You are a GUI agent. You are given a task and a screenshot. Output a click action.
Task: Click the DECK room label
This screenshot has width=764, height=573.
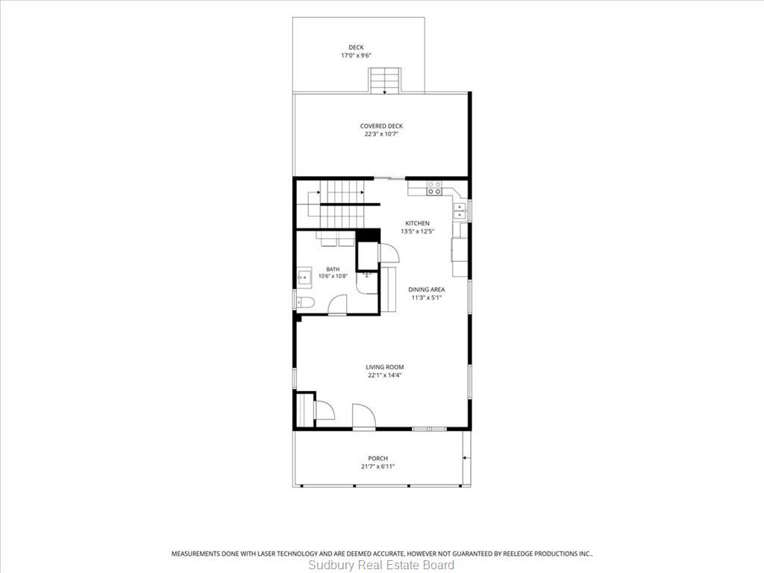pyautogui.click(x=356, y=47)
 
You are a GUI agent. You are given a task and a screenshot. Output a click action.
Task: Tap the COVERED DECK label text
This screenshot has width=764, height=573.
pyautogui.click(x=381, y=126)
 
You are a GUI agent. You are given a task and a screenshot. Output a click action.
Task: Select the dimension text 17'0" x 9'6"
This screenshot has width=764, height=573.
pyautogui.click(x=356, y=55)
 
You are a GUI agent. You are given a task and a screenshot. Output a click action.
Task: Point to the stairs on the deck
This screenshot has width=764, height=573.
pyautogui.click(x=385, y=81)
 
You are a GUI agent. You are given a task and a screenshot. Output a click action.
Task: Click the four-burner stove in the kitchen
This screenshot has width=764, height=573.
pyautogui.click(x=434, y=188)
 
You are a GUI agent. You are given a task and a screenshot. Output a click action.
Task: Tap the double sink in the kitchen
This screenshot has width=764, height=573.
pyautogui.click(x=460, y=211)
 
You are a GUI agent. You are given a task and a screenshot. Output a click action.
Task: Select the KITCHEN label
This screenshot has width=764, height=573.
pyautogui.click(x=418, y=223)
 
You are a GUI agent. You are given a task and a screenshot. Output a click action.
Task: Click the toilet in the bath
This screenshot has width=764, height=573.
pyautogui.click(x=305, y=303)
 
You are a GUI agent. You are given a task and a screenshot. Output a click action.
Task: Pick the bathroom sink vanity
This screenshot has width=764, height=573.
pyautogui.click(x=304, y=278)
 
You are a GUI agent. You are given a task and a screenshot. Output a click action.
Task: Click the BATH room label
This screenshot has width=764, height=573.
pyautogui.click(x=333, y=269)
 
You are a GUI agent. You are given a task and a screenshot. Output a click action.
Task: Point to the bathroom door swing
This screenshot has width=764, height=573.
pyautogui.click(x=337, y=305)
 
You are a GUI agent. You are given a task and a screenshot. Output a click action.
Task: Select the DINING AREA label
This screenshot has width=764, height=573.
pyautogui.click(x=426, y=289)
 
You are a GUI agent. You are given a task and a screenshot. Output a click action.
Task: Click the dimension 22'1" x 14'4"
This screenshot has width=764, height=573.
pyautogui.click(x=384, y=375)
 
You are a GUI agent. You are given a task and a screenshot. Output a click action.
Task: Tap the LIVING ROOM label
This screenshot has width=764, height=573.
pyautogui.click(x=384, y=367)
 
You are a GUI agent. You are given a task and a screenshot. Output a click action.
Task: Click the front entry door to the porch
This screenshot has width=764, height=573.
pyautogui.click(x=363, y=416)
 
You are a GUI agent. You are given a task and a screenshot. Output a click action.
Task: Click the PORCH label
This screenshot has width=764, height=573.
pyautogui.click(x=378, y=458)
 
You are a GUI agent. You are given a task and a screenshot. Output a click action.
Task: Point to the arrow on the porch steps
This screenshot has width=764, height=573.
pyautogui.click(x=466, y=457)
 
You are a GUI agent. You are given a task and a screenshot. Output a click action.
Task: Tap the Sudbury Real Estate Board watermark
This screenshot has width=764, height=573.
pyautogui.click(x=381, y=566)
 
